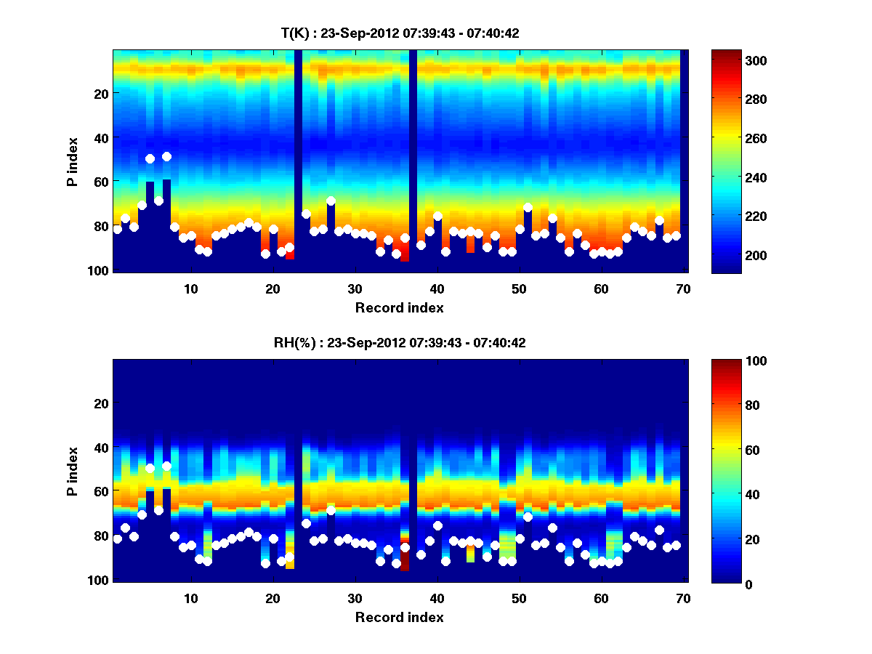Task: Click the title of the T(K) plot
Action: click(400, 33)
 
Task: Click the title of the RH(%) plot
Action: click(400, 343)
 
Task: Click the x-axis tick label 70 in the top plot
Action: click(682, 288)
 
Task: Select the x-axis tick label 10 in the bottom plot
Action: click(190, 598)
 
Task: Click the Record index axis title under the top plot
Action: click(400, 308)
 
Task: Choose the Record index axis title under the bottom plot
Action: click(400, 618)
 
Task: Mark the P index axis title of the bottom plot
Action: click(73, 470)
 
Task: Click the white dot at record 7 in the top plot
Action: click(166, 156)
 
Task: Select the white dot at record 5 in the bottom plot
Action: click(150, 468)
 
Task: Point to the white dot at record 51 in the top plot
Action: click(528, 208)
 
